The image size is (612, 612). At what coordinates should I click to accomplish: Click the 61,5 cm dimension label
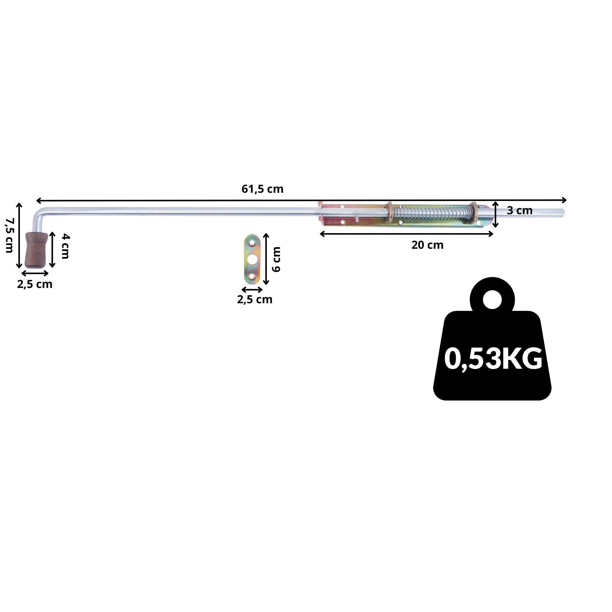coord(262,189)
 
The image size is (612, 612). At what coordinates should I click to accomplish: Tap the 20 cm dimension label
coord(427,245)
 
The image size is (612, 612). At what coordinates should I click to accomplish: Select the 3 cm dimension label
coord(520,211)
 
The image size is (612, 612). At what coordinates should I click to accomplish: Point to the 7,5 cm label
coord(9,235)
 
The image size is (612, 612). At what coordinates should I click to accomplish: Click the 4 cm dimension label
coord(65,246)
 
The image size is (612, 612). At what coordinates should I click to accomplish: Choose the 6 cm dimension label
coord(276,259)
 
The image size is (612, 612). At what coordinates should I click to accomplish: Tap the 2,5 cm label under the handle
coord(35,284)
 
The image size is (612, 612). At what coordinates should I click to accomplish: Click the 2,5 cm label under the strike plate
coord(255,299)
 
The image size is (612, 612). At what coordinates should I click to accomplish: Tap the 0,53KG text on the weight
coord(493,359)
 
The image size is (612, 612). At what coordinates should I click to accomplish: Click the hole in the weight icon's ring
coord(492,299)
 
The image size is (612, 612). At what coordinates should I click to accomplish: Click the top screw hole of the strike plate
coord(252,243)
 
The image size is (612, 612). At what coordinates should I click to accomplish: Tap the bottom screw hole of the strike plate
coord(252,277)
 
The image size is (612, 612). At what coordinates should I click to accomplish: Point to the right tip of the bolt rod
coord(564,213)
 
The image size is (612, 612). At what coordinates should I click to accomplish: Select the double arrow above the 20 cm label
coord(406,234)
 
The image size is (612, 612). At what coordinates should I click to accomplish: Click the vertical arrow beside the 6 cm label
coord(266,259)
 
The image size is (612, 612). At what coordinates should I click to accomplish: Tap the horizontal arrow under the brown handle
coord(35,273)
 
